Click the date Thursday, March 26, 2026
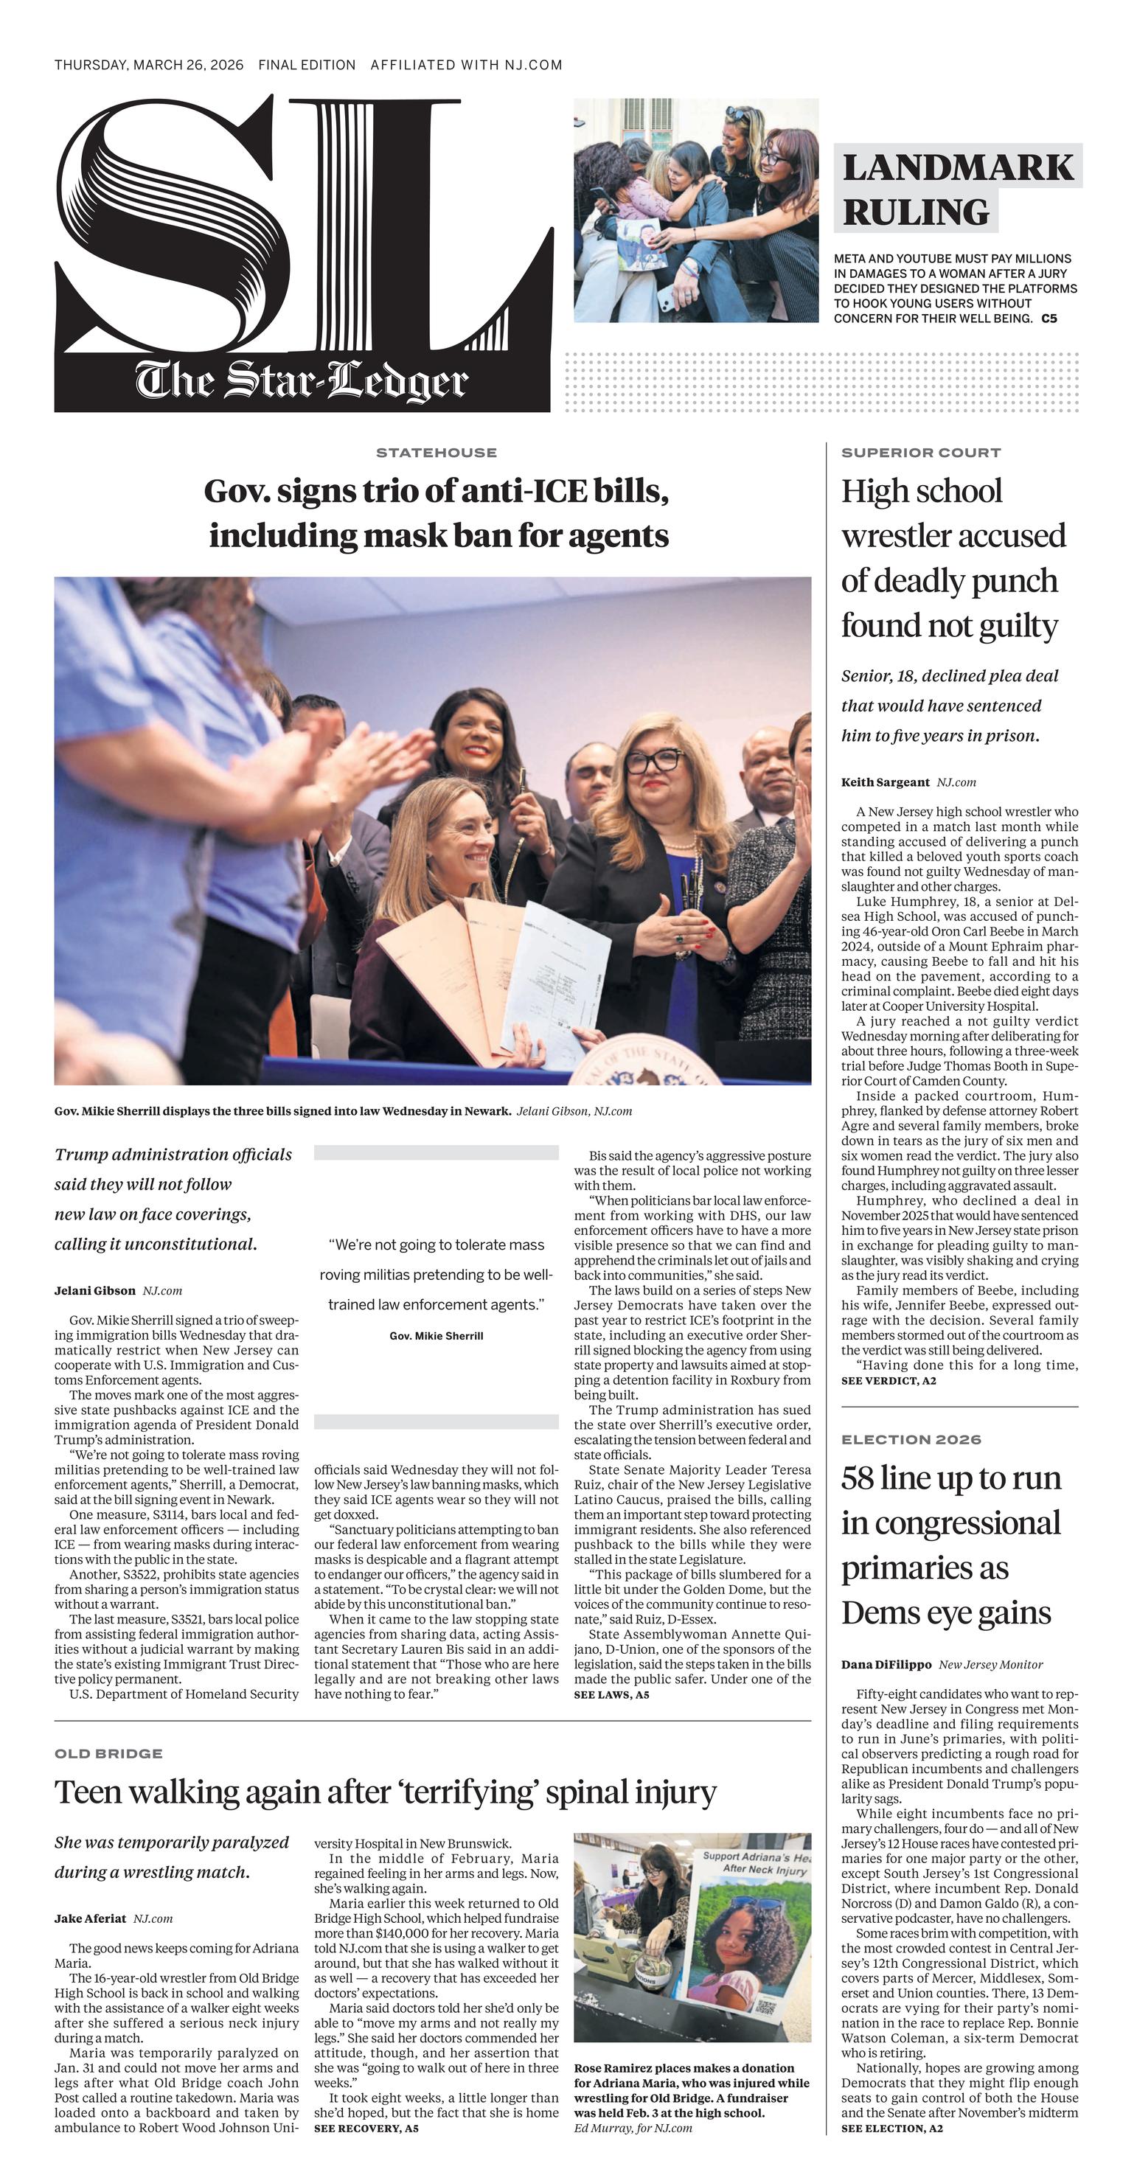pos(148,65)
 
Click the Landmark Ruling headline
pos(956,189)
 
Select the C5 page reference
pos(1049,319)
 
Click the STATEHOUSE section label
pos(436,453)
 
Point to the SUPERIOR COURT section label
pos(920,453)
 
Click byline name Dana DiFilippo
pos(886,1664)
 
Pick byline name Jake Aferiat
pos(90,1918)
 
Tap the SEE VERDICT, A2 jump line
pos(888,1380)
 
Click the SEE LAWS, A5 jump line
pos(611,1694)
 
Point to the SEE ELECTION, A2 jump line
pos(891,2129)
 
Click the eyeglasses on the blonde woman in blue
pos(654,761)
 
